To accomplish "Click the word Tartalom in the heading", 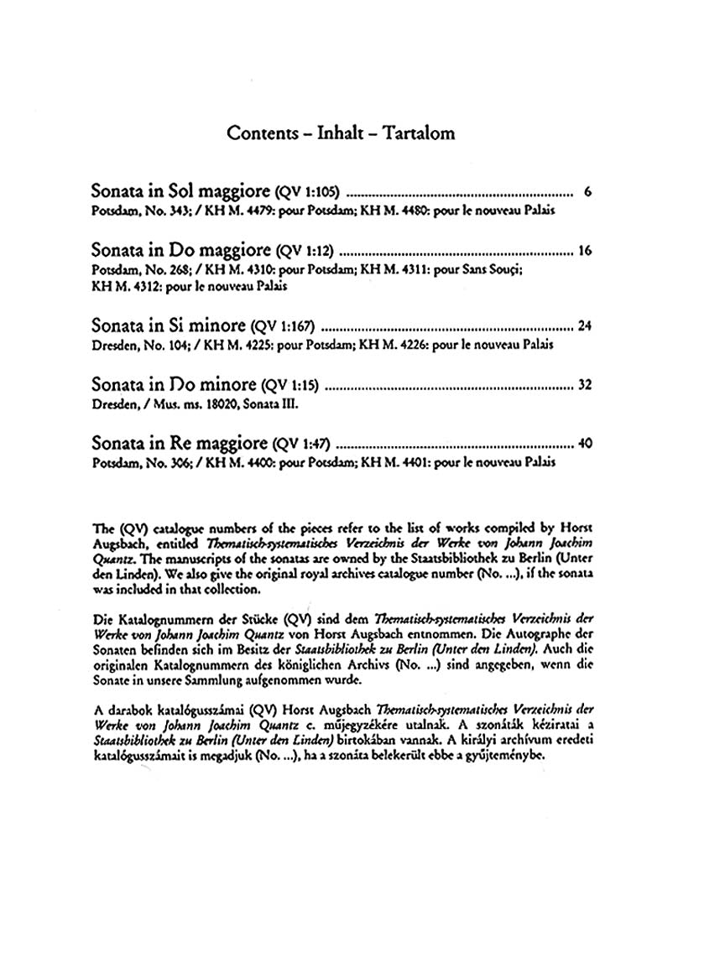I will (420, 134).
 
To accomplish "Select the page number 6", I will (588, 192).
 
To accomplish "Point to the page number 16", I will (585, 251).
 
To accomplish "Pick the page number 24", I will (585, 326).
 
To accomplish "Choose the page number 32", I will (585, 385).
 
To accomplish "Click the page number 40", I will (585, 444).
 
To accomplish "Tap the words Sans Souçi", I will (491, 269).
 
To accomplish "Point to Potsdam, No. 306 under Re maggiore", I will (131, 462).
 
